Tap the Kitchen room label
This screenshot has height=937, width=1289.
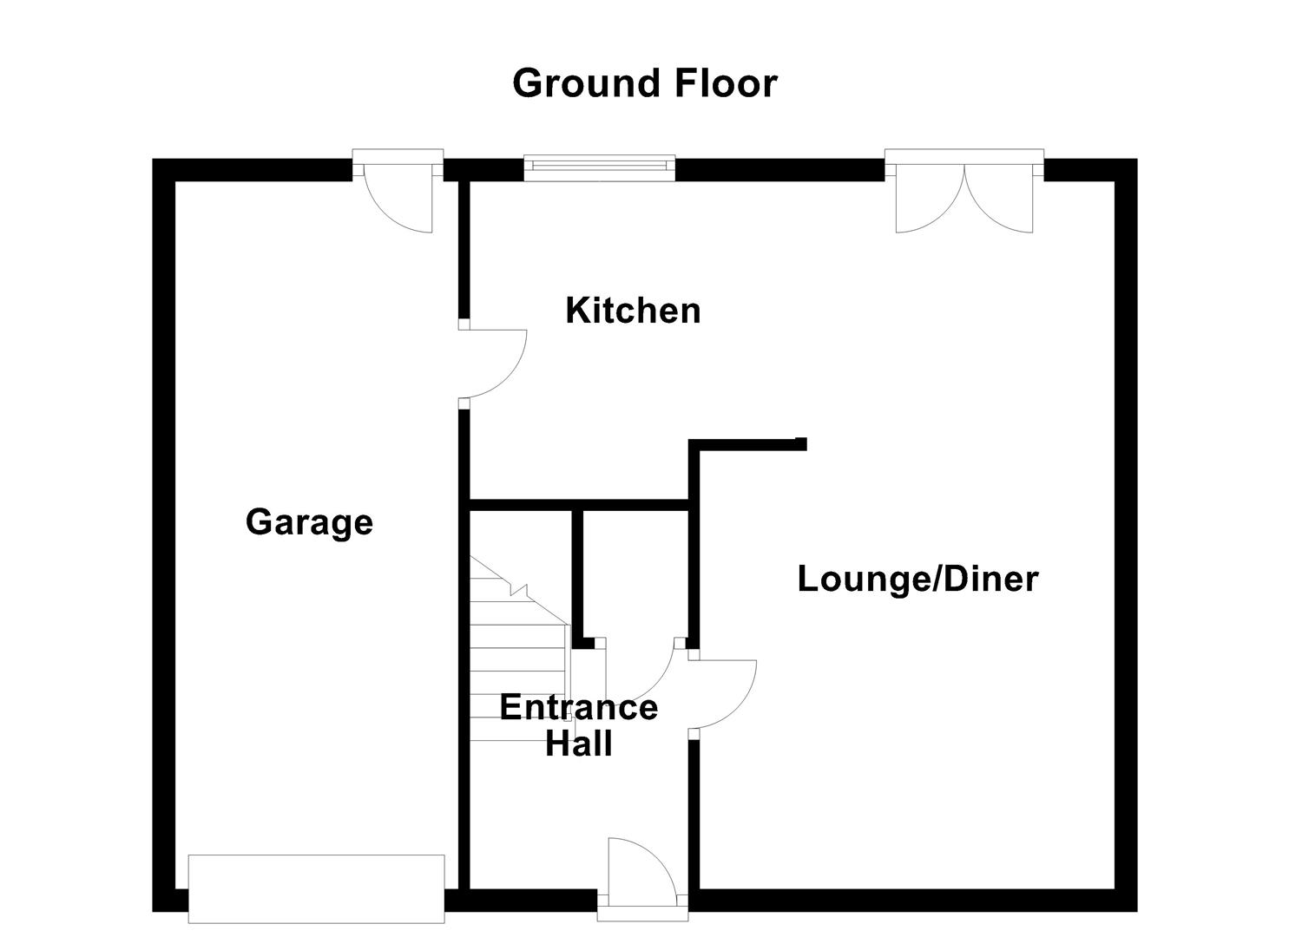(633, 311)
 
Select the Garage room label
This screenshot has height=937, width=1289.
(309, 522)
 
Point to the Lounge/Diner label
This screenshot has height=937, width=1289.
(917, 580)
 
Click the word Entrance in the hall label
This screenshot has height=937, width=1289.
(578, 708)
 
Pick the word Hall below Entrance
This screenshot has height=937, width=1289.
(578, 744)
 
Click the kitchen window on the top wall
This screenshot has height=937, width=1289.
(599, 167)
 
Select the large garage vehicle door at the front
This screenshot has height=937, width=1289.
(317, 888)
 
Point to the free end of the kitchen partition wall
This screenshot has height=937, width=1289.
(800, 444)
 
